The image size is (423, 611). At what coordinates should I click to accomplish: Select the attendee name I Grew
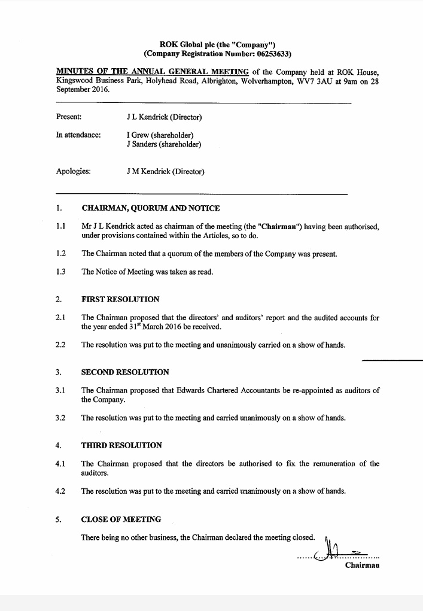pyautogui.click(x=138, y=135)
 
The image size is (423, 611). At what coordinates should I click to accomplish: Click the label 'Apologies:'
pyautogui.click(x=74, y=172)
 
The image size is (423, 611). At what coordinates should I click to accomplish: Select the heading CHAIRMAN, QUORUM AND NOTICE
pyautogui.click(x=150, y=208)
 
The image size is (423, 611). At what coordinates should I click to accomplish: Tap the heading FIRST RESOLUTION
pyautogui.click(x=120, y=299)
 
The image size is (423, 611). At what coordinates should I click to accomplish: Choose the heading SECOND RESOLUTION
pyautogui.click(x=125, y=372)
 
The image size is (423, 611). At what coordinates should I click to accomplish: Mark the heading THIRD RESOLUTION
pyautogui.click(x=121, y=445)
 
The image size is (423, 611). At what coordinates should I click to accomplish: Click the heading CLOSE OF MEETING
pyautogui.click(x=121, y=519)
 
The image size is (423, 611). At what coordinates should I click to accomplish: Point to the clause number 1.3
pyautogui.click(x=60, y=272)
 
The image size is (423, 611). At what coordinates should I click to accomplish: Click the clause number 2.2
pyautogui.click(x=60, y=345)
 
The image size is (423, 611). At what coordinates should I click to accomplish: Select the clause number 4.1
pyautogui.click(x=60, y=464)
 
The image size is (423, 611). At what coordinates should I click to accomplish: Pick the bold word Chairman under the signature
pyautogui.click(x=362, y=566)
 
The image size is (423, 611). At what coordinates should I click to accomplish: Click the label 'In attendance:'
pyautogui.click(x=78, y=135)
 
